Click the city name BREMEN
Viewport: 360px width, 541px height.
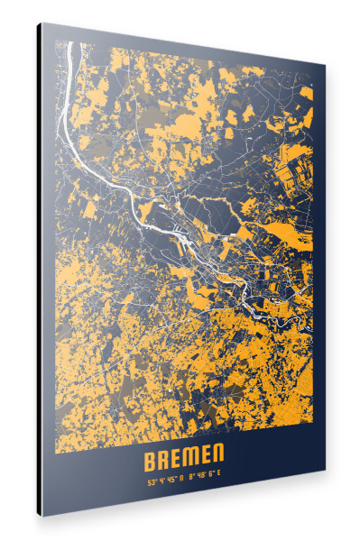click(183, 461)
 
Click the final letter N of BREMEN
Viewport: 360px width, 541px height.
click(217, 460)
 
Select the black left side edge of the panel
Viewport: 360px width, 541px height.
click(39, 270)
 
